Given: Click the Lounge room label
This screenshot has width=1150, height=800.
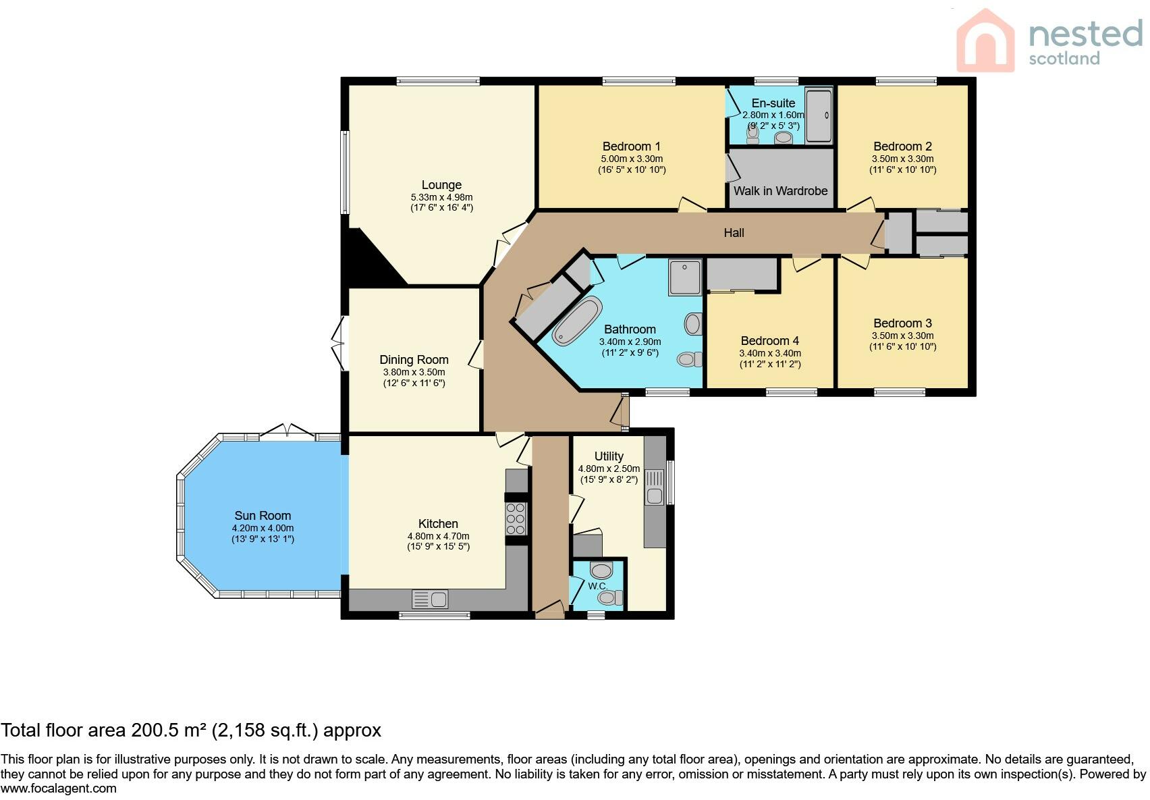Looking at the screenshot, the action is point(441,185).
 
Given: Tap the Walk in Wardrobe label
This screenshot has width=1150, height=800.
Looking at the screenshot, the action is point(780,191).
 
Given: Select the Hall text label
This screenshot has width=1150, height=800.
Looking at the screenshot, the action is point(734,233).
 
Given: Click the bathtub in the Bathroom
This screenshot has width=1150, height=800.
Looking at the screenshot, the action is point(577,321).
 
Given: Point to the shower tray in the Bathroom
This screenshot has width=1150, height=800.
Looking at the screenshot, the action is point(685,277).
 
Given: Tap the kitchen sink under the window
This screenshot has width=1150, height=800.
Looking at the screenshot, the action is point(430,599).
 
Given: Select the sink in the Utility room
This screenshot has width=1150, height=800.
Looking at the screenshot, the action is point(655,487).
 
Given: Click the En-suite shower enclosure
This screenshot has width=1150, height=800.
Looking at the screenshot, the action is point(819,115).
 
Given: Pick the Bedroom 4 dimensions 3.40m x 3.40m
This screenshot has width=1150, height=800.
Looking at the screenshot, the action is point(770,353).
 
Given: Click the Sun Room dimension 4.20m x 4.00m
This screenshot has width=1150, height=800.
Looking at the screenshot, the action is point(263,528).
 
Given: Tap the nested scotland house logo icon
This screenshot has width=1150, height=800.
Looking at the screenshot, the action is point(985,41).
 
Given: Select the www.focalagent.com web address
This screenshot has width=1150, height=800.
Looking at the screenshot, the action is point(59,789).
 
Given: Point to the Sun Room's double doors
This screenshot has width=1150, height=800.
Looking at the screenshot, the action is point(287,431).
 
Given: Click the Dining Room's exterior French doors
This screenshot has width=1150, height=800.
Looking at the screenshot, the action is point(339,344).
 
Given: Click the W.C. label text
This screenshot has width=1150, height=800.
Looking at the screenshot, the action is point(597,586).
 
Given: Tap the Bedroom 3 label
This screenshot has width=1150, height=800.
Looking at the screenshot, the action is point(902,323).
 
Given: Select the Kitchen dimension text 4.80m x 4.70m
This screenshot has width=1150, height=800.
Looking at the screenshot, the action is point(439,536).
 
